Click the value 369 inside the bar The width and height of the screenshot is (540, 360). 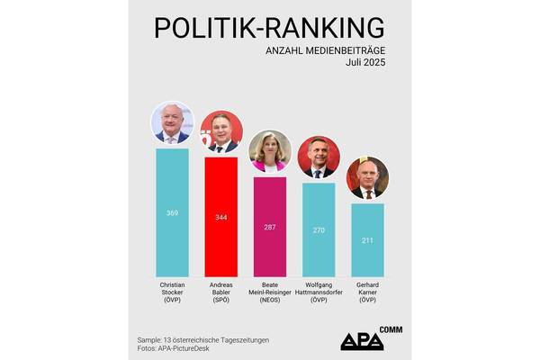point(172,213)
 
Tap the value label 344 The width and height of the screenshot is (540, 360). point(220,218)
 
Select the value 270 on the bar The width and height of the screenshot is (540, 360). point(319,230)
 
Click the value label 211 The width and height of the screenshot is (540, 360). point(367,240)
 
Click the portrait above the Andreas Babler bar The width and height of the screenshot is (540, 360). point(220,133)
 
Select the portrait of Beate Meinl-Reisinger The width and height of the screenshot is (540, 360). point(269,152)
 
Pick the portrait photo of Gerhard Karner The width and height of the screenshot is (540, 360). point(367,178)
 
